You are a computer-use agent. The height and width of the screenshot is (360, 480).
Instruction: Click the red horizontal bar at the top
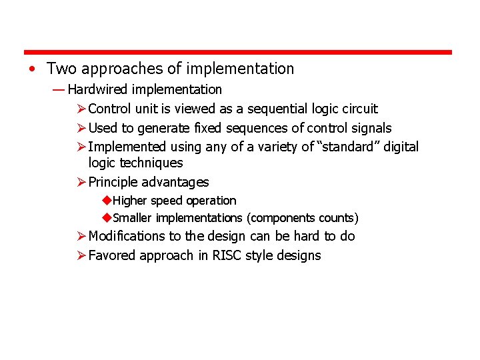[238, 52]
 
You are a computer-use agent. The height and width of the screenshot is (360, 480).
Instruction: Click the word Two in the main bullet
[61, 69]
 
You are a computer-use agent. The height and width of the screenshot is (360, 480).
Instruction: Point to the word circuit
[359, 109]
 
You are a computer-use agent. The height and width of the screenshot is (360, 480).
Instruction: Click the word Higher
[130, 201]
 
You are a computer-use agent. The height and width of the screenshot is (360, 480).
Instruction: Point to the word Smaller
[131, 218]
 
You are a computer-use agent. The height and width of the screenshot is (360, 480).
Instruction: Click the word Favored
[112, 255]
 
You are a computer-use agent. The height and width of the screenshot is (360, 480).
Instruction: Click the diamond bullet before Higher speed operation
[107, 201]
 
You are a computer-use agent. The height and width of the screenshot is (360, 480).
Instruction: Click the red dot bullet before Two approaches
[32, 69]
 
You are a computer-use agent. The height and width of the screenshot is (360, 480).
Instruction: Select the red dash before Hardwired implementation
[57, 89]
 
